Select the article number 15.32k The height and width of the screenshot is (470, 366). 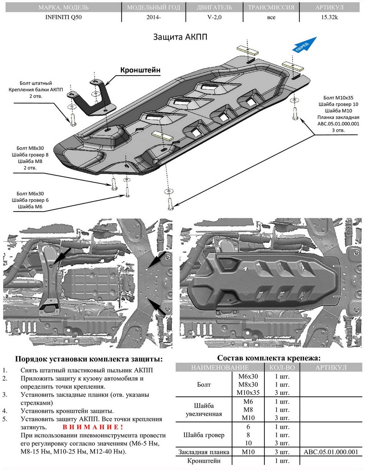(329, 17)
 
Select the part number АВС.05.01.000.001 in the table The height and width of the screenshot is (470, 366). (331, 452)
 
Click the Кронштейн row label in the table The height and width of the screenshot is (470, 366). (204, 461)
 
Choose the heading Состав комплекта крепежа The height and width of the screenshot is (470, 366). (269, 358)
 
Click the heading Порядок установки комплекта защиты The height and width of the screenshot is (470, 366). (88, 359)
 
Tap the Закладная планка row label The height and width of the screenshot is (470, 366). (203, 452)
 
